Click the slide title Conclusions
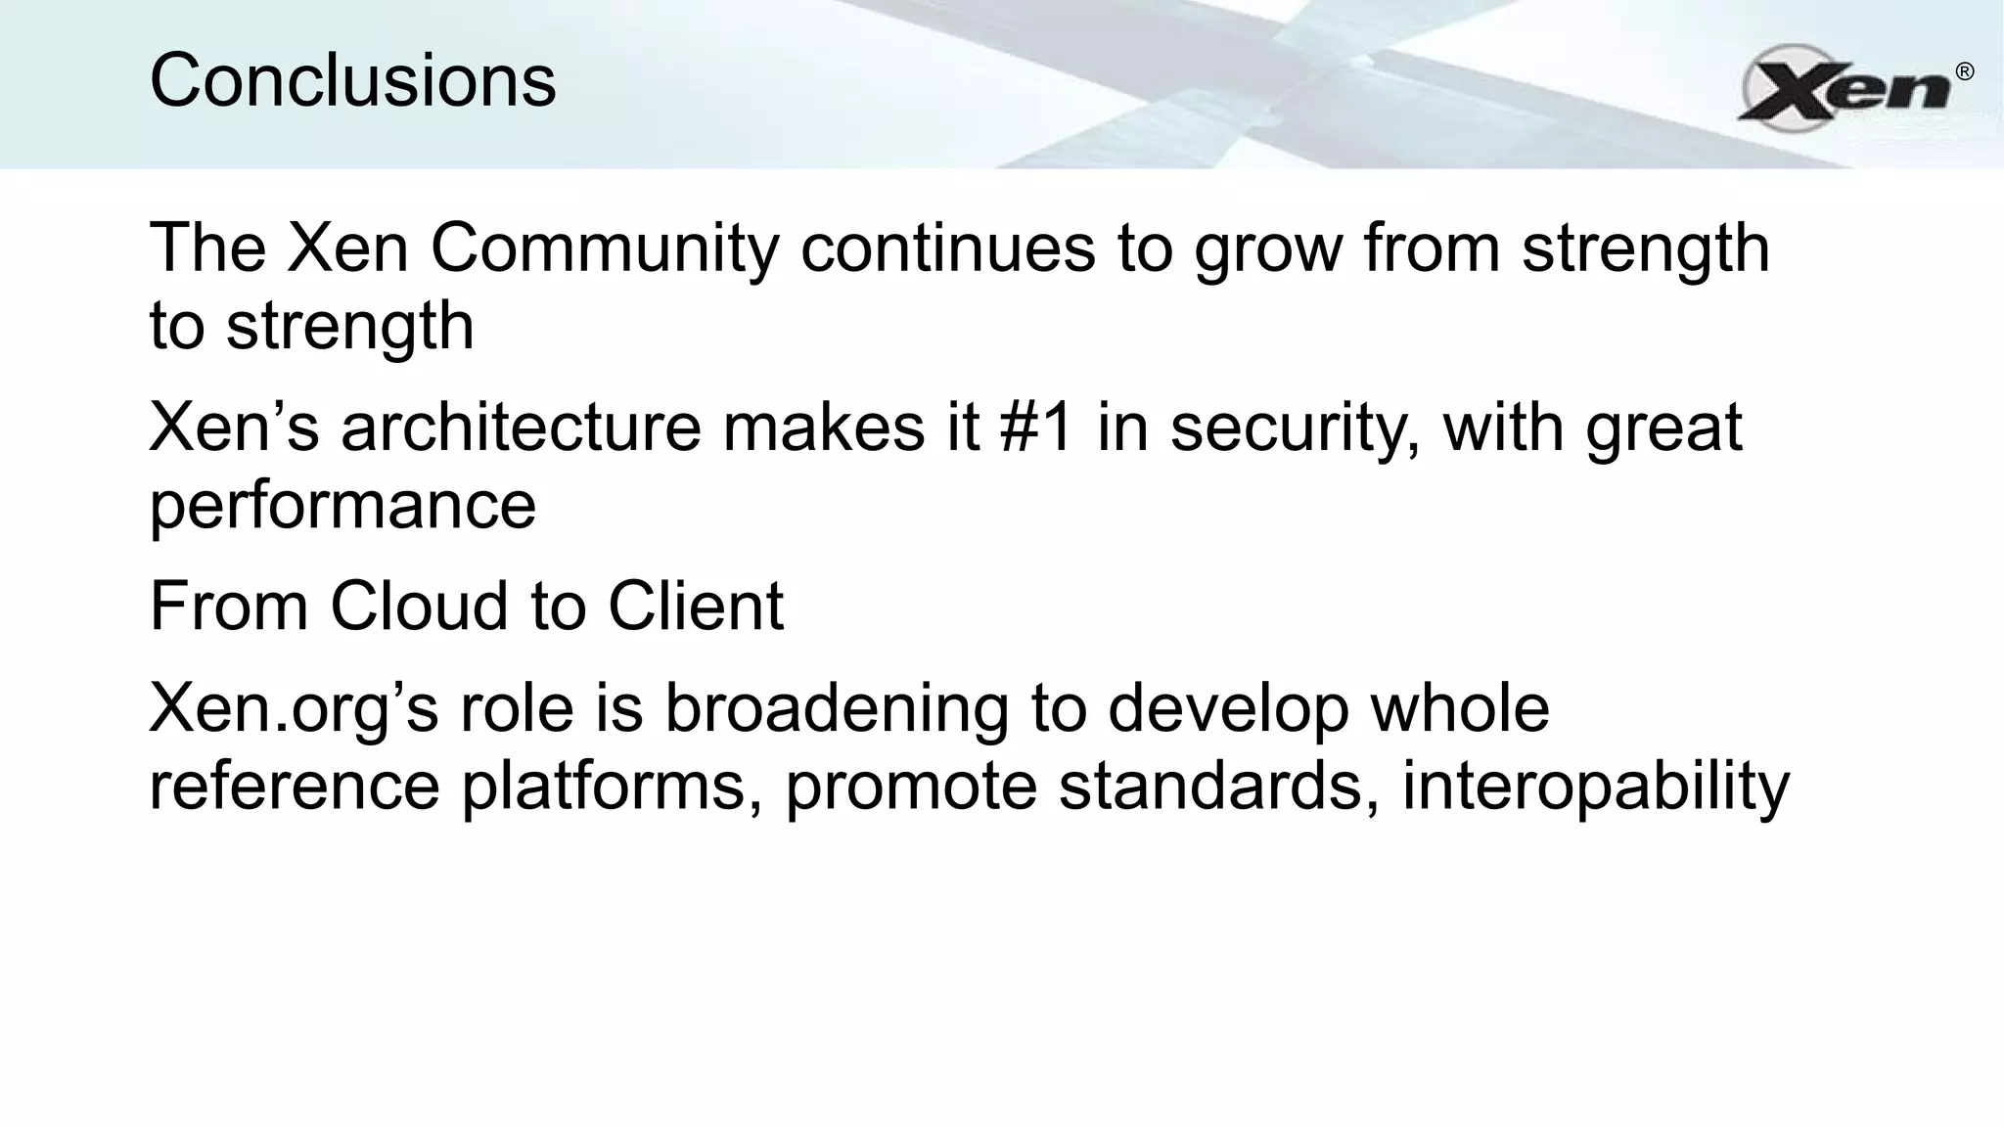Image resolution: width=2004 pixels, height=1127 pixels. tap(352, 80)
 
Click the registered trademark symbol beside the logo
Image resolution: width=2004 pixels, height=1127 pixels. tap(1964, 71)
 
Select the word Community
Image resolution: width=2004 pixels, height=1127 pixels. tap(604, 248)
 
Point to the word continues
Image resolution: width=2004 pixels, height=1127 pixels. tap(947, 248)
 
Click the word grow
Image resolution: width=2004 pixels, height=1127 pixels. tap(1267, 249)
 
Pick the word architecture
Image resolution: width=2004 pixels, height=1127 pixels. tap(521, 428)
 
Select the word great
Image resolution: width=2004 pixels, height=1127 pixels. tap(1663, 429)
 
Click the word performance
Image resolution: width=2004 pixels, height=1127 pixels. tap(342, 506)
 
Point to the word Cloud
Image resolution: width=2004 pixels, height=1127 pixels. tap(419, 606)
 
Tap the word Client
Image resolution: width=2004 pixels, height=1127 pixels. tap(696, 606)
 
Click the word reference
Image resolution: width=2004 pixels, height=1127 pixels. tap(295, 785)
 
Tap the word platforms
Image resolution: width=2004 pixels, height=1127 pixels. tap(612, 785)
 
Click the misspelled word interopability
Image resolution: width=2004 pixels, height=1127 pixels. tap(1595, 787)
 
